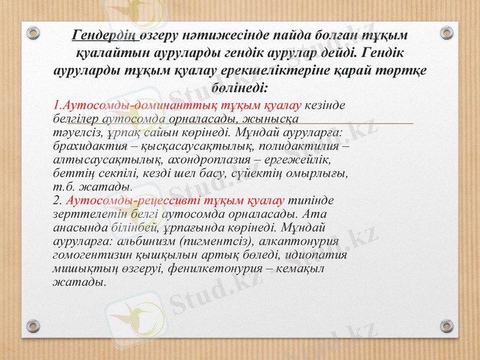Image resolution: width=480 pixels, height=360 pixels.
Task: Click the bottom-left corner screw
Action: [33, 327]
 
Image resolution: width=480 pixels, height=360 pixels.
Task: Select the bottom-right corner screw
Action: [447, 327]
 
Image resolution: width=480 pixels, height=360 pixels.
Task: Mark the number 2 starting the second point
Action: [56, 200]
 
